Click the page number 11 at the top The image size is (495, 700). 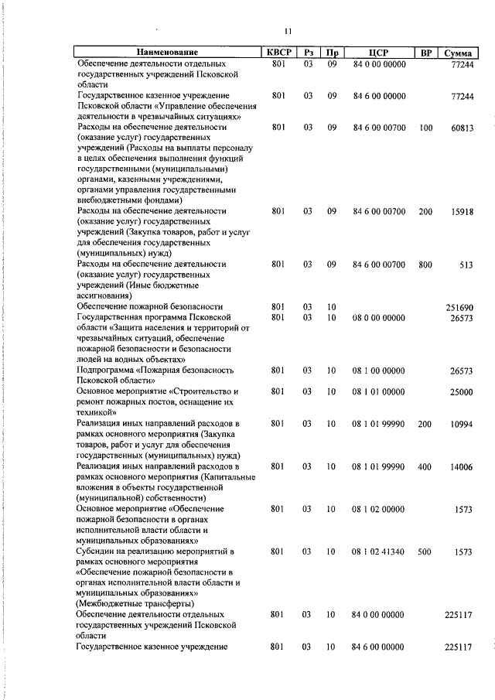288,31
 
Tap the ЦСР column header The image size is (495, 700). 378,53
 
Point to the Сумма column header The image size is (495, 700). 459,53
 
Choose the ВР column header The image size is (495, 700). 425,53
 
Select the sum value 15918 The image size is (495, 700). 461,211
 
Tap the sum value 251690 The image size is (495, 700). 459,307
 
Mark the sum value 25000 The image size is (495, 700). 461,392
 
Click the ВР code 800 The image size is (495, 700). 425,264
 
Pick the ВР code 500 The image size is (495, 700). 425,551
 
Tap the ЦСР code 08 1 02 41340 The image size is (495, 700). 379,551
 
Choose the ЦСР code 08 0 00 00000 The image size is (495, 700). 379,317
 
